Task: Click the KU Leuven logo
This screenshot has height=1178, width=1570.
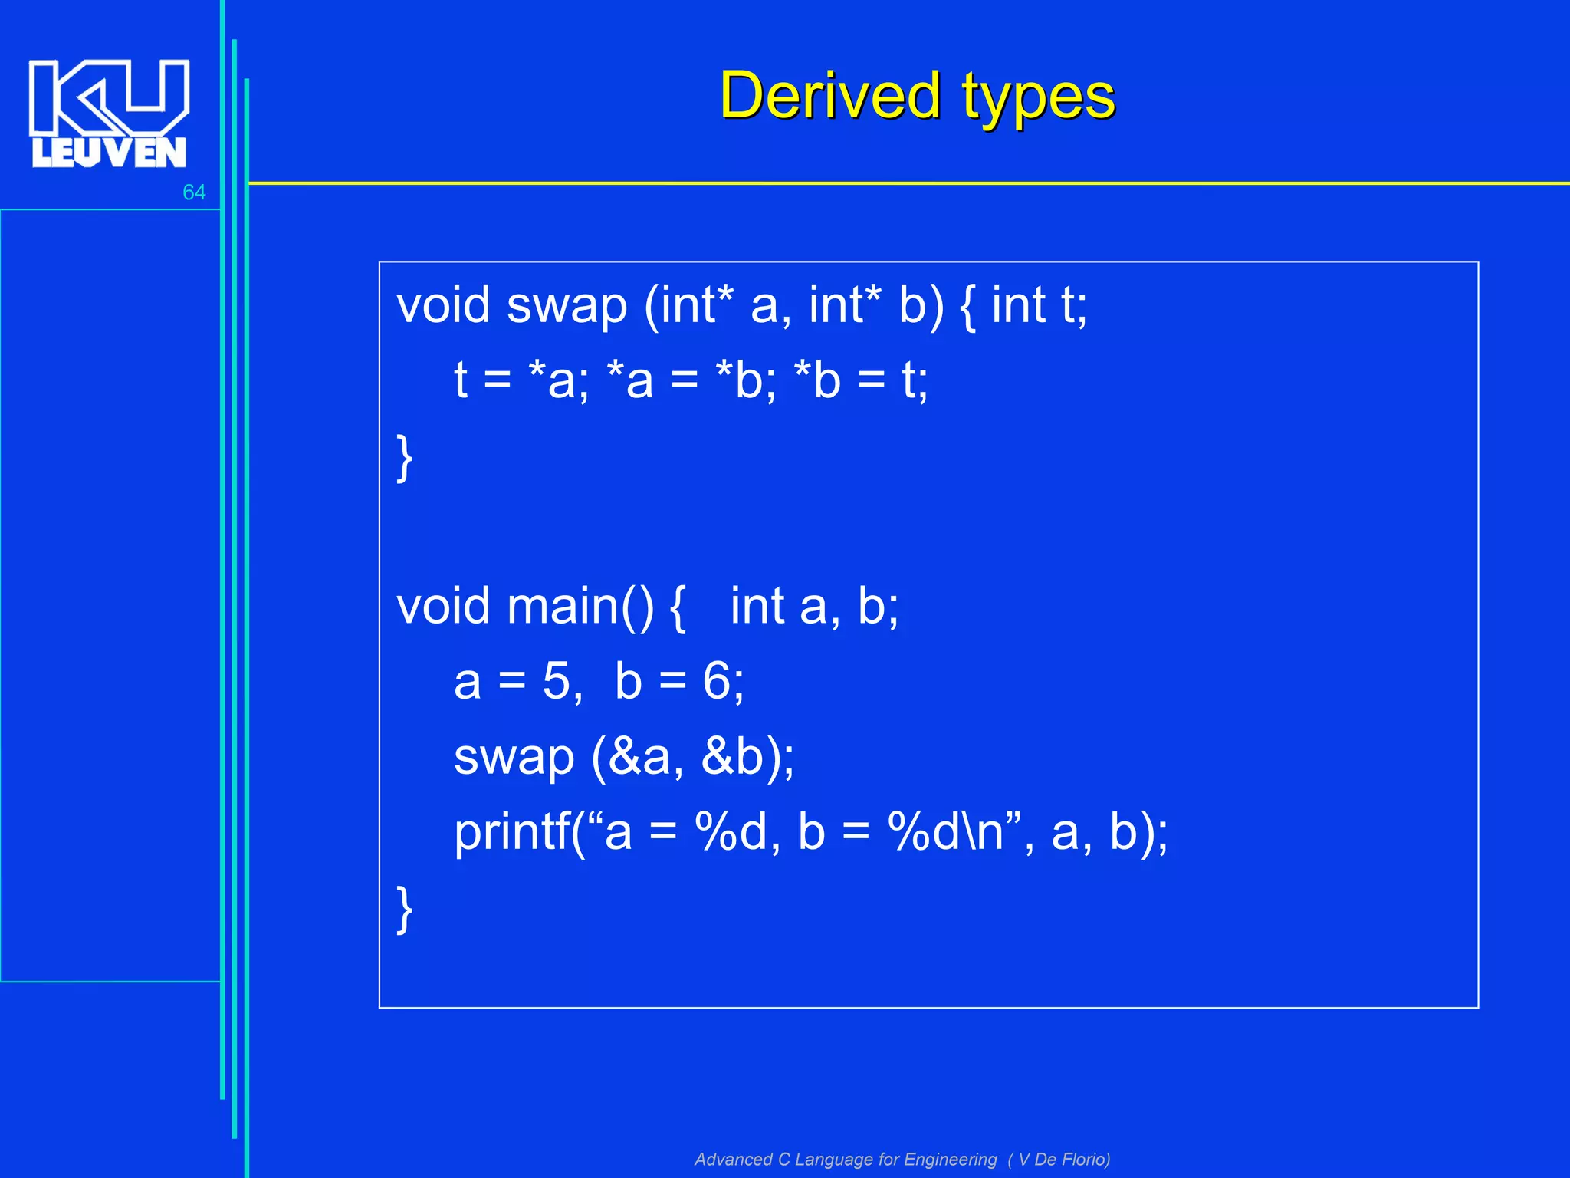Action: coord(109,114)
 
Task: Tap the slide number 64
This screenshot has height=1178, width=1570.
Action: coord(194,192)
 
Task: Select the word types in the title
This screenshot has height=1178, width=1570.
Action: coord(1039,98)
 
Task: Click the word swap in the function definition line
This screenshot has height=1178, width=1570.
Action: coord(567,306)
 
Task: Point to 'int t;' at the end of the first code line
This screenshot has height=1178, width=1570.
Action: coord(1039,304)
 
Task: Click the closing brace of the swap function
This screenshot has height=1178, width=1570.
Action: coord(405,458)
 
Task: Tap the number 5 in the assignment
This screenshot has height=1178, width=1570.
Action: coord(556,681)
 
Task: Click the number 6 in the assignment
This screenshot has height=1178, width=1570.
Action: coord(717,681)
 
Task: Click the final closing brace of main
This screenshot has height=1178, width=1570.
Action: coord(405,909)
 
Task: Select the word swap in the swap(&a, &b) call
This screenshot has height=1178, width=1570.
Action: coord(514,758)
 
